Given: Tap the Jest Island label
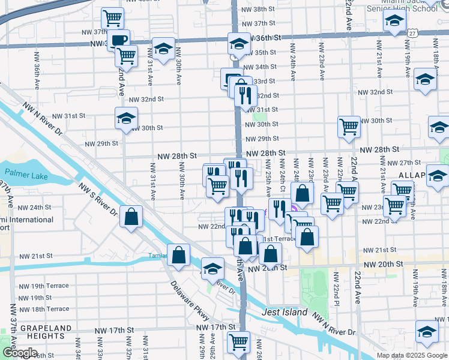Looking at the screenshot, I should tap(285, 313).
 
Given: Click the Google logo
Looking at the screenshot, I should tap(20, 353).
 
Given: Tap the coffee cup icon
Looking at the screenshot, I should tap(118, 40).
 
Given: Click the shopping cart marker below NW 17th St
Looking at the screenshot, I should tap(239, 343).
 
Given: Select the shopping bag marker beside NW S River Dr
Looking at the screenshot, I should tap(131, 217).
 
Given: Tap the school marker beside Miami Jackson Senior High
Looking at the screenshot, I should tap(394, 22).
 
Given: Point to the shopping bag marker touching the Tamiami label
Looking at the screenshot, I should tap(179, 255).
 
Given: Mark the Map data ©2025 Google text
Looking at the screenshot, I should tap(411, 355).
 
